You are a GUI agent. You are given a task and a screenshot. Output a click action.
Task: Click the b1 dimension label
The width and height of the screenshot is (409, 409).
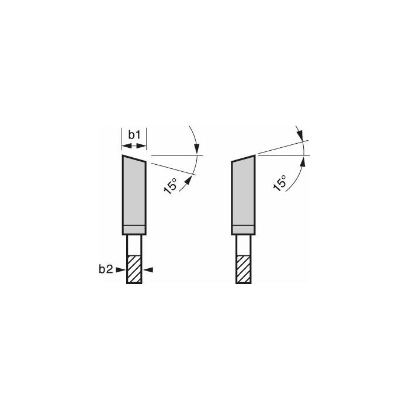point(134,135)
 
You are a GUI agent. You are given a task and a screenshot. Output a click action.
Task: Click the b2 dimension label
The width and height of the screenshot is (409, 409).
point(106,269)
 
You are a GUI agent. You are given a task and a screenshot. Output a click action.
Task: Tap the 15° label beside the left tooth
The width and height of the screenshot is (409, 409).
point(171,186)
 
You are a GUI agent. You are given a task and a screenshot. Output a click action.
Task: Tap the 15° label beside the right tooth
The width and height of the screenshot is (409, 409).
point(280,183)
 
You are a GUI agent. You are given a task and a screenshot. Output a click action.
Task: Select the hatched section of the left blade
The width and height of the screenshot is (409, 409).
point(134,269)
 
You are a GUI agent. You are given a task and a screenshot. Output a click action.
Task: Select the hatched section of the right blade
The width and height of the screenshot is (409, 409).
point(244,269)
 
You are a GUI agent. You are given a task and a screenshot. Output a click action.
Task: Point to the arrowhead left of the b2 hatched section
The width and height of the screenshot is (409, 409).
point(120,270)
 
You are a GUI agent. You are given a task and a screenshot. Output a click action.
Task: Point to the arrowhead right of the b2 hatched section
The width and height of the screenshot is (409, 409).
point(148,270)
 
